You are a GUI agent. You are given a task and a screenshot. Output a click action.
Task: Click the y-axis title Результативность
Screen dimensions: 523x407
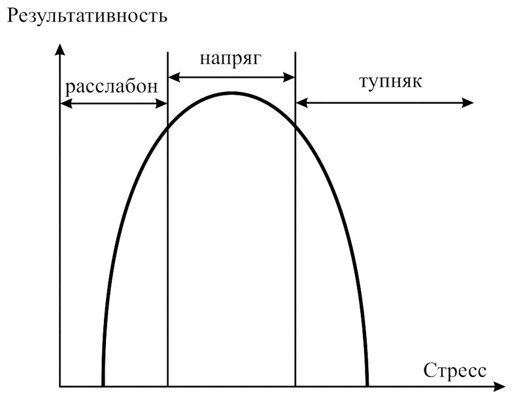pyautogui.click(x=87, y=16)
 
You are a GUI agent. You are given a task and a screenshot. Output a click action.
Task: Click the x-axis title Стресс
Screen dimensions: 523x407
pyautogui.click(x=454, y=370)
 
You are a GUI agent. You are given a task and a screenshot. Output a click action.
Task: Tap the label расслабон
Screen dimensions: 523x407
pyautogui.click(x=111, y=87)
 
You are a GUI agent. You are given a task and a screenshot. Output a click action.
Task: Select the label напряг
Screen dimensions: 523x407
pyautogui.click(x=231, y=59)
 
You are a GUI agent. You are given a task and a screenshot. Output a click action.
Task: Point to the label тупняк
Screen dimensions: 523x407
pyautogui.click(x=390, y=82)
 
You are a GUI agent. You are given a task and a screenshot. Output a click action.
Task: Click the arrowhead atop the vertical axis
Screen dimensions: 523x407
pyautogui.click(x=59, y=49)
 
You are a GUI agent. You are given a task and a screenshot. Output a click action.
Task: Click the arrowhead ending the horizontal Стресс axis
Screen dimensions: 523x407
pyautogui.click(x=499, y=387)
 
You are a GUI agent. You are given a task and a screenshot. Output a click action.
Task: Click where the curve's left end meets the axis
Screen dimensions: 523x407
pyautogui.click(x=103, y=386)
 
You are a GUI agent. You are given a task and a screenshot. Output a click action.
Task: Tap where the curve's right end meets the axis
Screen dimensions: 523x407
pyautogui.click(x=367, y=386)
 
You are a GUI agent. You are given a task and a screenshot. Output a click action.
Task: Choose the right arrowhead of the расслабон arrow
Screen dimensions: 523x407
pyautogui.click(x=161, y=104)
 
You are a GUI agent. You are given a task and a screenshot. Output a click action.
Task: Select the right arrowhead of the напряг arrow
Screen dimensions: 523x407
pyautogui.click(x=289, y=77)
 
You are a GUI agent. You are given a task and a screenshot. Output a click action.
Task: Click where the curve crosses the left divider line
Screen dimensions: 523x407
pyautogui.click(x=167, y=128)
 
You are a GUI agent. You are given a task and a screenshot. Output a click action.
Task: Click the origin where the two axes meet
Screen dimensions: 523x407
pyautogui.click(x=59, y=387)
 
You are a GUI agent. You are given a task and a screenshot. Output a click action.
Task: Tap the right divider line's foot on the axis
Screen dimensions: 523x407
pyautogui.click(x=295, y=387)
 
